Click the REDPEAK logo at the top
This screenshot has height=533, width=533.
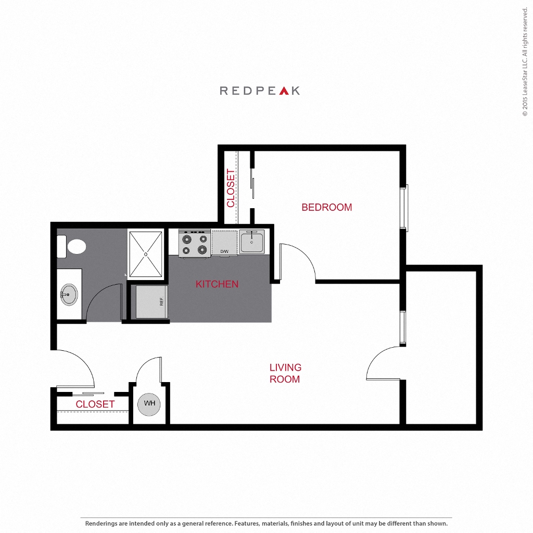pos(260,91)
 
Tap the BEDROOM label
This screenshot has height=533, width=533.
pos(326,207)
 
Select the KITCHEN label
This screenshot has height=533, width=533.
pos(217,284)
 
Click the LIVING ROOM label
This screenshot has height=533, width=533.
pos(285,373)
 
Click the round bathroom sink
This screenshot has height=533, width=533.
pos(69,295)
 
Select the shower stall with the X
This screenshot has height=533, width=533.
pos(146,254)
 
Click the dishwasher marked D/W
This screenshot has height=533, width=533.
pos(224,243)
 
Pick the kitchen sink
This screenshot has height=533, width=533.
pos(252,242)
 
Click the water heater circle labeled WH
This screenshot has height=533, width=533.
pos(149,404)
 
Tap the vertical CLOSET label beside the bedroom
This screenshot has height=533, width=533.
pos(231,188)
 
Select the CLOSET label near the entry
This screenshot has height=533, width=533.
pos(95,404)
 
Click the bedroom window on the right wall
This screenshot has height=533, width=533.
pos(405,208)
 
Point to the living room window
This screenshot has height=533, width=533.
pos(403,328)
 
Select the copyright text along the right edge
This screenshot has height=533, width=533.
pos(525,62)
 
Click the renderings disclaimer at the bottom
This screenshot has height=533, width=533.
pos(266,523)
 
